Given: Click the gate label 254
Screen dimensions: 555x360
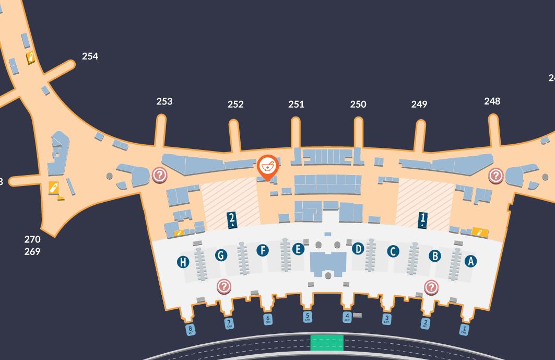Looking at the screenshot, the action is (x=90, y=56).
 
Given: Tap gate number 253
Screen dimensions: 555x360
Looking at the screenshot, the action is (x=164, y=101).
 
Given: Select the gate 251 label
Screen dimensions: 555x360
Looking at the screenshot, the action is (x=296, y=104).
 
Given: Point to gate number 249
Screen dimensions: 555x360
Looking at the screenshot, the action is (x=419, y=104).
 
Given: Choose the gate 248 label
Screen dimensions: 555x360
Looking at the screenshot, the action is (x=492, y=101).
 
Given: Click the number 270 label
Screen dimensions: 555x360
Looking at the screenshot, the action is (x=32, y=239).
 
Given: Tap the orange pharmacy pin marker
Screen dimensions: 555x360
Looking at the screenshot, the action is (x=268, y=167).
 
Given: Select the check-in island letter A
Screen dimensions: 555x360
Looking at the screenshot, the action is (x=470, y=261).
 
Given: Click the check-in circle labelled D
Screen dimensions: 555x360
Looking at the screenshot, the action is (x=358, y=249).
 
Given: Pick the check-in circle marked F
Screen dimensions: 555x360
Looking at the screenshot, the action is (x=263, y=251).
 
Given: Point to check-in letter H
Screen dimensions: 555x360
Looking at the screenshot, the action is (x=183, y=262).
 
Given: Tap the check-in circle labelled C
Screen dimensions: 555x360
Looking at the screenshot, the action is (x=393, y=251).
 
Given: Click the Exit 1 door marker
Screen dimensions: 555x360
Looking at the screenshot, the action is (x=464, y=329).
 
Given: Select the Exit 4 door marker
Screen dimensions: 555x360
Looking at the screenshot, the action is (x=347, y=317).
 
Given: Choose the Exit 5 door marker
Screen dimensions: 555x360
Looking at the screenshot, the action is (x=308, y=316).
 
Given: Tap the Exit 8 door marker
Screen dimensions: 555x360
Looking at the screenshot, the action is (x=191, y=330).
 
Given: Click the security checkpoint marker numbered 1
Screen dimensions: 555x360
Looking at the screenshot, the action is (x=422, y=219).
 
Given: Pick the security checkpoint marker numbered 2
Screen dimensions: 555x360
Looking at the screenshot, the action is (x=232, y=219).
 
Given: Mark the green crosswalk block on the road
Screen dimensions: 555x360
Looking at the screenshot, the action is (x=327, y=343).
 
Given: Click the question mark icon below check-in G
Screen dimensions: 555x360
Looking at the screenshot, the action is (x=224, y=286).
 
